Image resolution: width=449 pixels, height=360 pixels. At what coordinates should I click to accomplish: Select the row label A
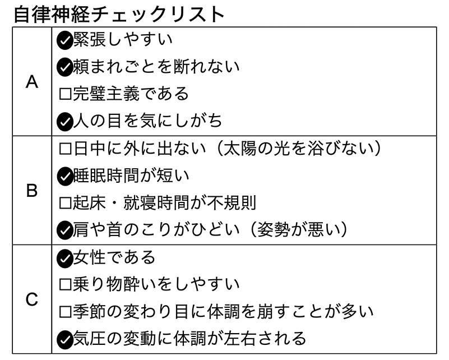click(x=32, y=82)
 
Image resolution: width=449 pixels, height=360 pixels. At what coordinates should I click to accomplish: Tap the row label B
click(x=32, y=191)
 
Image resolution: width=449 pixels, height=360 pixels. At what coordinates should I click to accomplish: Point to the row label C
click(x=32, y=299)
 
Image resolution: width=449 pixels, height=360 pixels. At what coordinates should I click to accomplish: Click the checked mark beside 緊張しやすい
click(x=64, y=41)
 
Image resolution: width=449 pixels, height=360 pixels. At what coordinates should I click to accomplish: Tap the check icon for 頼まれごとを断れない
click(x=64, y=68)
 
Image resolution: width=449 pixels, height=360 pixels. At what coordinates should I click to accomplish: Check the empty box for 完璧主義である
click(x=65, y=94)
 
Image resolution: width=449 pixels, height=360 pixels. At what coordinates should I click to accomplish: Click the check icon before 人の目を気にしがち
click(x=64, y=122)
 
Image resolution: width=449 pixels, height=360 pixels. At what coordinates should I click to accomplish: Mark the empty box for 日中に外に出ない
click(x=65, y=149)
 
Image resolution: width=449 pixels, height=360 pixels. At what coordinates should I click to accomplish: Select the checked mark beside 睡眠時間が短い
click(x=64, y=177)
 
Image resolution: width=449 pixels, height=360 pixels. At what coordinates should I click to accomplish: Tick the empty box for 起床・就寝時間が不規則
click(x=65, y=203)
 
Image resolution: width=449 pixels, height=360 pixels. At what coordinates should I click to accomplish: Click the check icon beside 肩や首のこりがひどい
click(x=64, y=230)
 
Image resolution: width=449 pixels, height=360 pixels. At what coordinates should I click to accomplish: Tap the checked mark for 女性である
click(x=64, y=259)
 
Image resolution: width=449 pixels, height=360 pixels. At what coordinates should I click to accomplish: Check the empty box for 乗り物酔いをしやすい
click(x=65, y=284)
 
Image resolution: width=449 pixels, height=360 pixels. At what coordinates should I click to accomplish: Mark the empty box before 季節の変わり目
click(x=65, y=312)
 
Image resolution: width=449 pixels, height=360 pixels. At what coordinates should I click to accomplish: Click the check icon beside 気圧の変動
click(x=64, y=340)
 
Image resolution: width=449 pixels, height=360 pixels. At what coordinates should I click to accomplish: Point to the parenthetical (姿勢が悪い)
click(x=299, y=229)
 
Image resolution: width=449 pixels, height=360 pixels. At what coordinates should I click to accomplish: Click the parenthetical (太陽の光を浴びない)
click(x=299, y=149)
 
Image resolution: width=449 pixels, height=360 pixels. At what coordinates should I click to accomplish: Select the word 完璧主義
click(x=107, y=94)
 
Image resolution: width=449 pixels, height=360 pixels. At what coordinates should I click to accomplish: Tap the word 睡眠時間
click(x=107, y=176)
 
